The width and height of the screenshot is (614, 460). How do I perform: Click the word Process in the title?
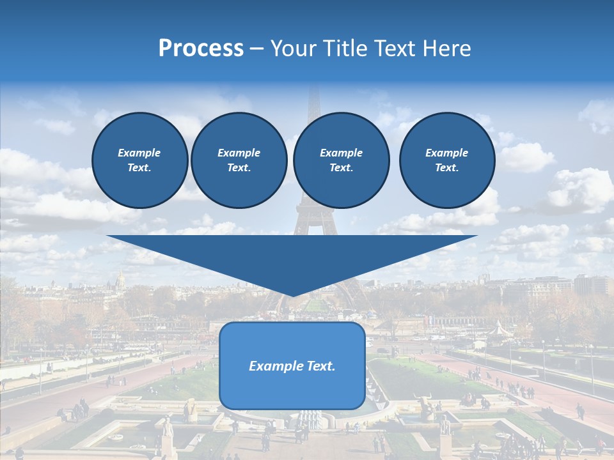click(x=201, y=49)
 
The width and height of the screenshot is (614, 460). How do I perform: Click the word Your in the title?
click(x=295, y=49)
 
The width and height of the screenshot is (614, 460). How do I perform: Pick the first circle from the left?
click(x=139, y=160)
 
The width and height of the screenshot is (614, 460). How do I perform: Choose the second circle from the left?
click(x=239, y=160)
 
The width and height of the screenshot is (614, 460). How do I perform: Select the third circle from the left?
click(x=341, y=160)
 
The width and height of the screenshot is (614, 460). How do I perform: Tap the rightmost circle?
click(x=446, y=160)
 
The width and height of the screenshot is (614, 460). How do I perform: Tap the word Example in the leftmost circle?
click(x=139, y=153)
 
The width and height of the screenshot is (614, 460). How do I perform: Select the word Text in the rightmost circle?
click(x=446, y=168)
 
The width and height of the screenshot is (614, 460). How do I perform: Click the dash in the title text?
click(x=256, y=49)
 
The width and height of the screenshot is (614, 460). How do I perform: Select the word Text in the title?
click(x=397, y=49)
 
